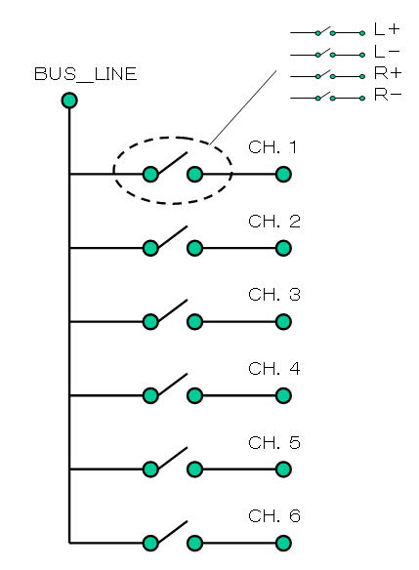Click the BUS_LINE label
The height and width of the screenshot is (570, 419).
point(86,74)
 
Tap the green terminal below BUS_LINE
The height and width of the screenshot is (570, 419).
point(69,101)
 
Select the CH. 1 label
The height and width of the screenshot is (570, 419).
point(272,147)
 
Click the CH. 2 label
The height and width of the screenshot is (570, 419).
point(274,222)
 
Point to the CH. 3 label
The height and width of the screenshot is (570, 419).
point(274,295)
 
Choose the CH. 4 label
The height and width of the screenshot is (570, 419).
point(274,369)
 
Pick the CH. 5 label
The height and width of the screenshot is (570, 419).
point(274,442)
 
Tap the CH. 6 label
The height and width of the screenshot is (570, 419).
point(274,516)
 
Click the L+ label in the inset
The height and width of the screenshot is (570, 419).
point(387,29)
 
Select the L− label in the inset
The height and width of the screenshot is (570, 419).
point(387,52)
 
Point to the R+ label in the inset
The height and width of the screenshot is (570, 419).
point(388,73)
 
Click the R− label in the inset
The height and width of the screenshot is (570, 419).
point(388,95)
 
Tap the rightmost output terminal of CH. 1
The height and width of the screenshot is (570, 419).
point(283,175)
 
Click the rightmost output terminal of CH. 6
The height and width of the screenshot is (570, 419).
point(283,544)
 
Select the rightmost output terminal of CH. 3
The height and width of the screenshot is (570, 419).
point(283,322)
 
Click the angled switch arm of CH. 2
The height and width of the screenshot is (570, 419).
point(173,236)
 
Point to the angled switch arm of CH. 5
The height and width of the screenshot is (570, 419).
point(173,458)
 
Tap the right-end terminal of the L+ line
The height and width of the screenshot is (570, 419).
point(362,33)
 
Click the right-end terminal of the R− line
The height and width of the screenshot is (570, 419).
point(362,99)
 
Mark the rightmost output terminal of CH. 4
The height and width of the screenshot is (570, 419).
point(283,396)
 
